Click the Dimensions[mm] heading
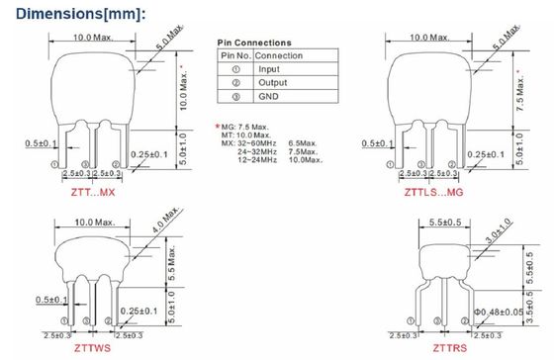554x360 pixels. point(80,14)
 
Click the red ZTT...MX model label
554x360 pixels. point(93,193)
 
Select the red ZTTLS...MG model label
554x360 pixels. point(433,193)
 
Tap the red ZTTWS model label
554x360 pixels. point(92,348)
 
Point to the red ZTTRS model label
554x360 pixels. point(450,348)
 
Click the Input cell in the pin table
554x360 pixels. point(269,69)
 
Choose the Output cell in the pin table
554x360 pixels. point(272,83)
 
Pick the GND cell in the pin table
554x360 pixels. point(268,97)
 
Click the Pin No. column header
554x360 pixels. point(235,55)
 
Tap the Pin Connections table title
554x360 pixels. point(254,43)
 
